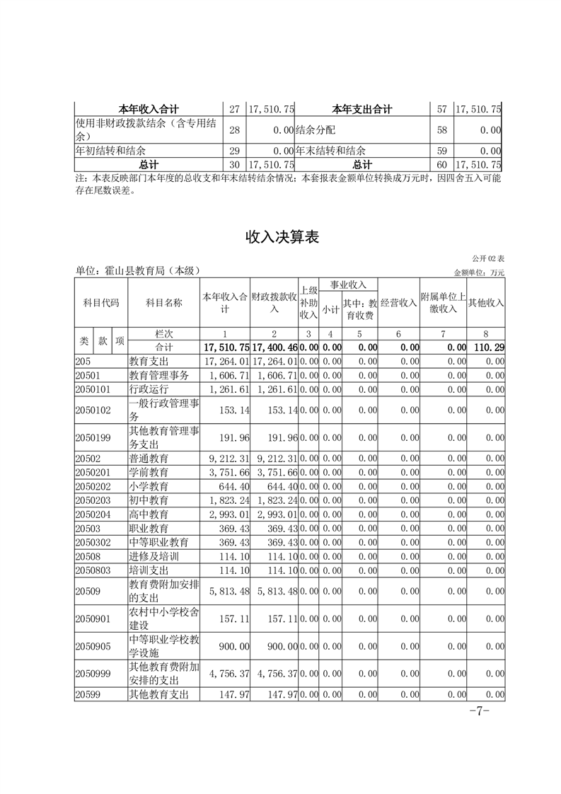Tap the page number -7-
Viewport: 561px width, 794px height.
pos(479,710)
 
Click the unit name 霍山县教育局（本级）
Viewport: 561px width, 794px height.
pos(139,271)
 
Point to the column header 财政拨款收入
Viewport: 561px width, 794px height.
pos(274,303)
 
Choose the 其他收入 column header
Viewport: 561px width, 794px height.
pos(486,303)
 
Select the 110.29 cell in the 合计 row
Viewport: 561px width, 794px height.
pos(487,347)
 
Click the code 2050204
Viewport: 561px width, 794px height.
pos(92,514)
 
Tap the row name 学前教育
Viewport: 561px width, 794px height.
pos(149,472)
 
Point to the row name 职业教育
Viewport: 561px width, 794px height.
pos(149,528)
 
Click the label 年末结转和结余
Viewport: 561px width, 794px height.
pos(330,151)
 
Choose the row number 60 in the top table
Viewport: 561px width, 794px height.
pos(442,164)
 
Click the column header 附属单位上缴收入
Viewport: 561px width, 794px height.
pos(443,303)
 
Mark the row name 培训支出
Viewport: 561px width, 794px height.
pos(149,570)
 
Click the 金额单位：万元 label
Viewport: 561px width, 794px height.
pos(479,272)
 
